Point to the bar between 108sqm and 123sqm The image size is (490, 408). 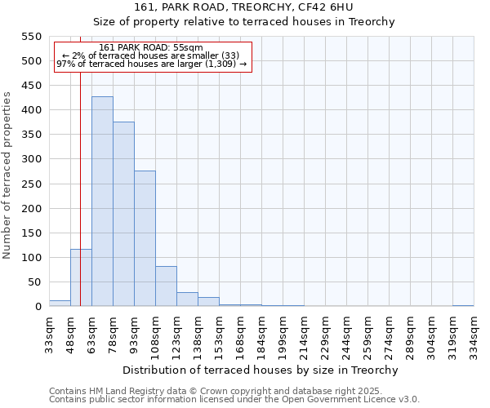(x=166, y=286)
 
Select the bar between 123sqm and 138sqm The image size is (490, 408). (x=187, y=299)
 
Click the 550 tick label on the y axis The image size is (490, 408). (x=30, y=37)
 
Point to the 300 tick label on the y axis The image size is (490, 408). (x=30, y=159)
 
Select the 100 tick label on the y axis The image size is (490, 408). (x=30, y=258)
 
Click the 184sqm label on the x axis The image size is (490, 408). (x=261, y=333)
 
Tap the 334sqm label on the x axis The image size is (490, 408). (x=474, y=333)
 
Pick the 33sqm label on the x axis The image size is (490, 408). (x=49, y=333)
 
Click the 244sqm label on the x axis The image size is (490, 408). (x=346, y=333)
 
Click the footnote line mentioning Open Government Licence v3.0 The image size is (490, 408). (x=234, y=399)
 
